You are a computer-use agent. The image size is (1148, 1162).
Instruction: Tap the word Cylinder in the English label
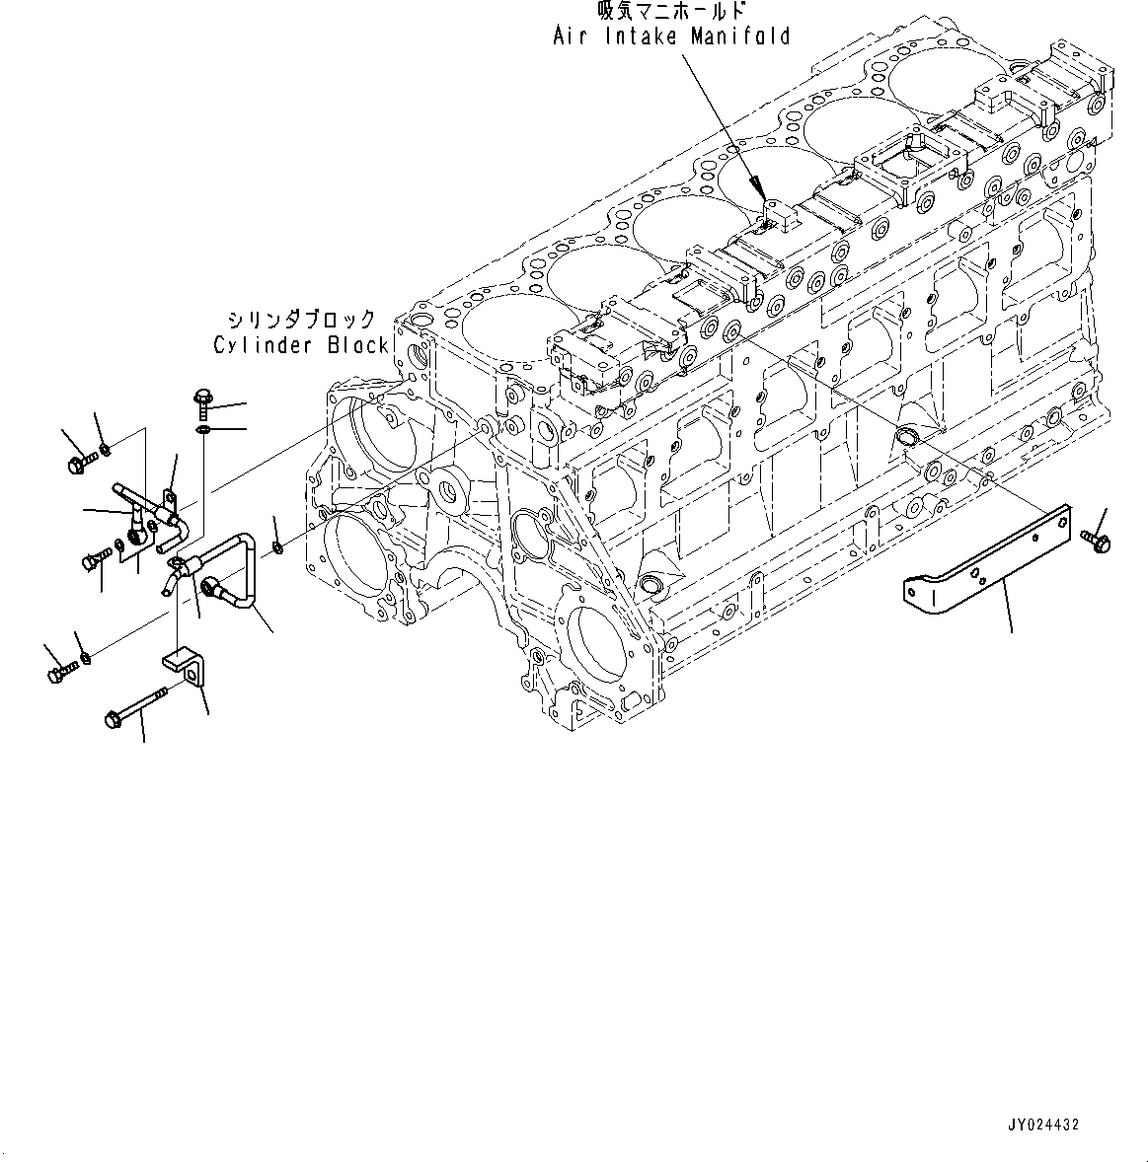point(262,345)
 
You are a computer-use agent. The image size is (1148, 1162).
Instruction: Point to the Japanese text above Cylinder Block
point(300,320)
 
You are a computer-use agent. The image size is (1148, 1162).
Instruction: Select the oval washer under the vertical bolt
point(202,430)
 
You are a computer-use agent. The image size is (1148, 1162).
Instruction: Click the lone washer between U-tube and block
point(278,546)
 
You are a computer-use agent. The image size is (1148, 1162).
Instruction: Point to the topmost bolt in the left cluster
point(79,461)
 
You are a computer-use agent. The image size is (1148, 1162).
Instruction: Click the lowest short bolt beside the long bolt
point(59,672)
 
